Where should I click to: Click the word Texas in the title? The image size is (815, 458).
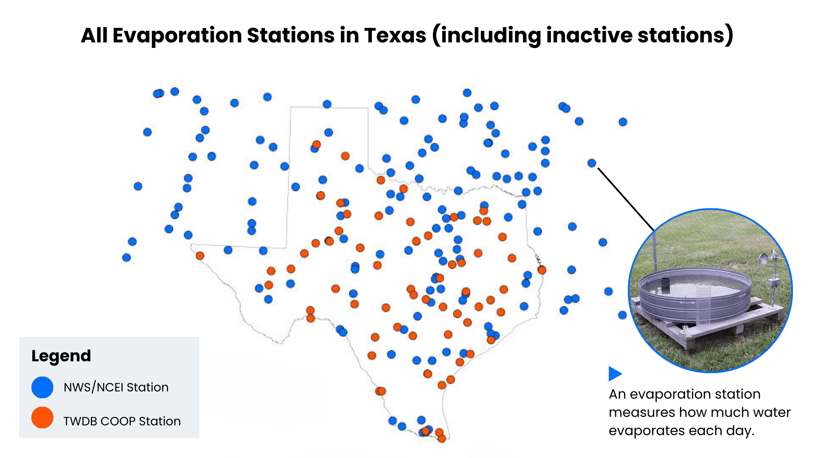(395, 35)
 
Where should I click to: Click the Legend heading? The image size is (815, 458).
(61, 356)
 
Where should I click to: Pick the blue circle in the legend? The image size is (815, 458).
(42, 387)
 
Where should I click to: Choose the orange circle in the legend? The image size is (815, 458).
(42, 418)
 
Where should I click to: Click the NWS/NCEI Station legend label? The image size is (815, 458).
(116, 387)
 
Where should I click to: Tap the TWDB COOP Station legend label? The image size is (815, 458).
(122, 421)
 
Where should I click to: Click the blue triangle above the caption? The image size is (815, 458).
(614, 374)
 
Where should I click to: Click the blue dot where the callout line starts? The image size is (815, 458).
(592, 163)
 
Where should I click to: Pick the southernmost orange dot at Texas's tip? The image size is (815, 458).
(441, 438)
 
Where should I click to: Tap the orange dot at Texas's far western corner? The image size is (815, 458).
(200, 256)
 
